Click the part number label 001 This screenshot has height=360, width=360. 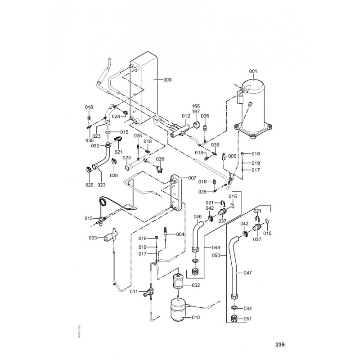pyautogui.click(x=253, y=71)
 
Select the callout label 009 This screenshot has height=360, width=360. pyautogui.click(x=167, y=80)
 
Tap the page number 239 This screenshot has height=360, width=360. pyautogui.click(x=280, y=345)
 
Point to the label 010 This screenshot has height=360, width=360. pyautogui.click(x=195, y=318)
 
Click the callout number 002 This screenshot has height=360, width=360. pyautogui.click(x=196, y=285)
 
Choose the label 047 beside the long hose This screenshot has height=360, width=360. pyautogui.click(x=247, y=273)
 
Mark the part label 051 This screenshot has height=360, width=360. pyautogui.click(x=248, y=319)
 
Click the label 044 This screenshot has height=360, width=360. pyautogui.click(x=247, y=308)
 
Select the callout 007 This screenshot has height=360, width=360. pyautogui.click(x=192, y=178)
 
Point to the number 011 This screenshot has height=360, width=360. pyautogui.click(x=134, y=292)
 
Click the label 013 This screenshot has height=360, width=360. pyautogui.click(x=89, y=218)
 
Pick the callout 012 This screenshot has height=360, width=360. pyautogui.click(x=186, y=116)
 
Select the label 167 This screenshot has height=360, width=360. pyautogui.click(x=196, y=112)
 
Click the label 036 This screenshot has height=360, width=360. pyautogui.click(x=160, y=159)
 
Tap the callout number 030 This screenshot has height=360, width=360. pyautogui.click(x=95, y=146)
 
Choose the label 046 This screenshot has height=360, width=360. pyautogui.click(x=198, y=217)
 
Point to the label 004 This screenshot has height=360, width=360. pyautogui.click(x=180, y=234)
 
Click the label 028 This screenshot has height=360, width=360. pyautogui.click(x=116, y=117)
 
